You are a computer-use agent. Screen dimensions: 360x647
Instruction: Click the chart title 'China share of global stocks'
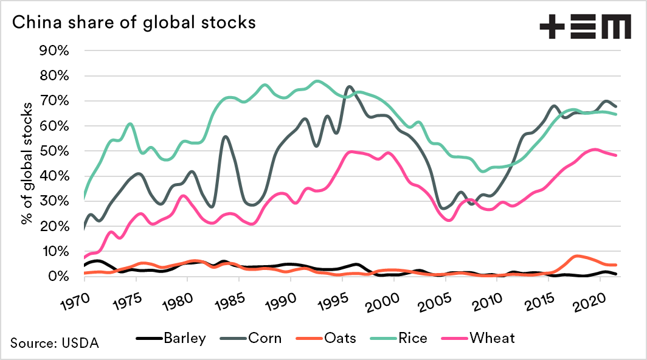[x=133, y=23]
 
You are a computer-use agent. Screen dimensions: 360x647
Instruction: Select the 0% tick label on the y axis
[x=60, y=276]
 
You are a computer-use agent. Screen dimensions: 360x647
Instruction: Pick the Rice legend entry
[x=413, y=339]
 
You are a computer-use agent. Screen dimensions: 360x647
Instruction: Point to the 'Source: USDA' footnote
[x=54, y=342]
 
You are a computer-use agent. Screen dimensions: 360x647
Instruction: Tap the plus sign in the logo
[x=552, y=27]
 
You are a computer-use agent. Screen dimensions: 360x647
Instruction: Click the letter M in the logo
[x=614, y=27]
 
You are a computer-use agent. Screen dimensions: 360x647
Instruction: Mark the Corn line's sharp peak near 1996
[x=349, y=87]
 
